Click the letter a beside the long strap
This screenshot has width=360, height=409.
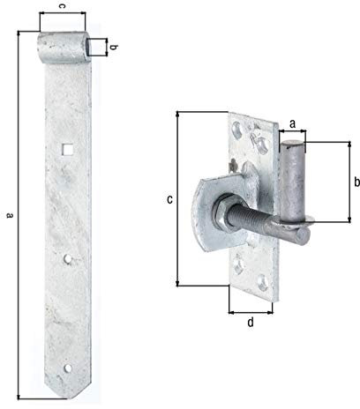coord(9,214)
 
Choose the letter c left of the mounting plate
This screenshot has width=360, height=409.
coord(169,199)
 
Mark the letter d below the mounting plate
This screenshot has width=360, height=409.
coord(250,323)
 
